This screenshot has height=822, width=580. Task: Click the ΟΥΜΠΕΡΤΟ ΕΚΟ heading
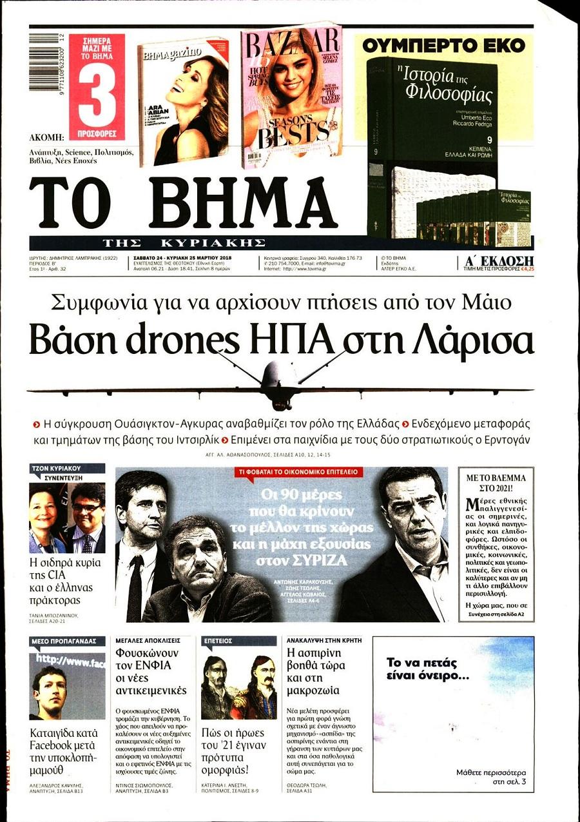[x=443, y=45]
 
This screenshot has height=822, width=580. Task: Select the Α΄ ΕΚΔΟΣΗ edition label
[x=499, y=260]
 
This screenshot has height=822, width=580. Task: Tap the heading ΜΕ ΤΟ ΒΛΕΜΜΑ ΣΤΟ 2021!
[x=496, y=483]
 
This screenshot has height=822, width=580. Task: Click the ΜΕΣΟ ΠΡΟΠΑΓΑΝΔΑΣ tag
[x=64, y=641]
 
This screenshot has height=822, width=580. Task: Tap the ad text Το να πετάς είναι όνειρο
[x=427, y=669]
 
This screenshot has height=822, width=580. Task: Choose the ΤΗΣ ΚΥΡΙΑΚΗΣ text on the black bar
[x=184, y=242]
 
